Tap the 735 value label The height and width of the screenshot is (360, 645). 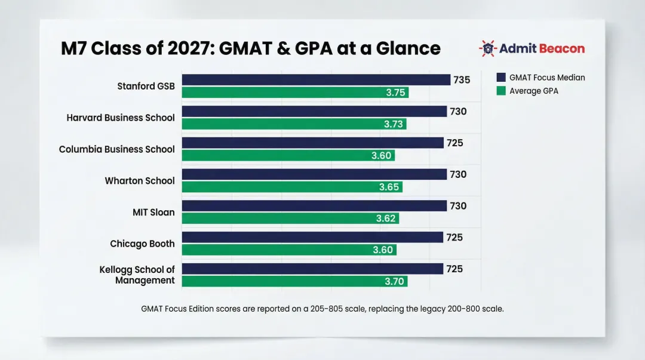point(462,80)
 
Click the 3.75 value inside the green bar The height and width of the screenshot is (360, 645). point(395,93)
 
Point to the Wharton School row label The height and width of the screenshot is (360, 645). point(140,181)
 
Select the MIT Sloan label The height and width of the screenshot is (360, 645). point(153,212)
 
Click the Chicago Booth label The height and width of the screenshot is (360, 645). point(142,244)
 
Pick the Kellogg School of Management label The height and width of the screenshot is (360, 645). point(137,275)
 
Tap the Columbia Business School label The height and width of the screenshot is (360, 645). point(117,149)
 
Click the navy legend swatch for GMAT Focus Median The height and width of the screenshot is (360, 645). point(500,78)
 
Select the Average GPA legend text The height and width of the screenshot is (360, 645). point(533,91)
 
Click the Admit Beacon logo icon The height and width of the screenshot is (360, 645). point(487,48)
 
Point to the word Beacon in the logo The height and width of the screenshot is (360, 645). point(562,48)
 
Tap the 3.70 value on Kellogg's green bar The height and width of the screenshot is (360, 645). point(394,281)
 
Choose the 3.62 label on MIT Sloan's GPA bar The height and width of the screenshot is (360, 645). point(386,219)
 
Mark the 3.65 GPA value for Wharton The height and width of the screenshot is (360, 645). point(389,187)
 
